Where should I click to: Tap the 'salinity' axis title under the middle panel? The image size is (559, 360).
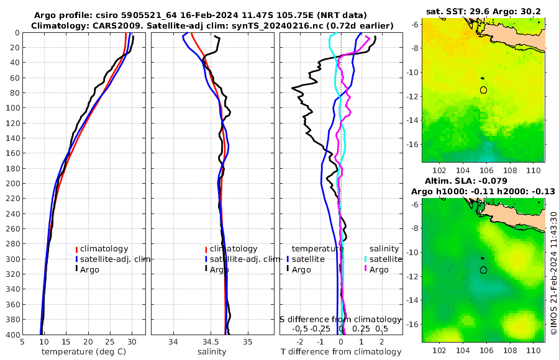click(212, 352)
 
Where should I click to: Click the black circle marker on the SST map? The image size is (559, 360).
click(483, 90)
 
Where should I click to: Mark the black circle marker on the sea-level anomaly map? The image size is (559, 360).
click(483, 270)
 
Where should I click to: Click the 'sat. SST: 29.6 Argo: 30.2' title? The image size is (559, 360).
click(483, 11)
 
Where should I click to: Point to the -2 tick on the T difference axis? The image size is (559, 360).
click(300, 341)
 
